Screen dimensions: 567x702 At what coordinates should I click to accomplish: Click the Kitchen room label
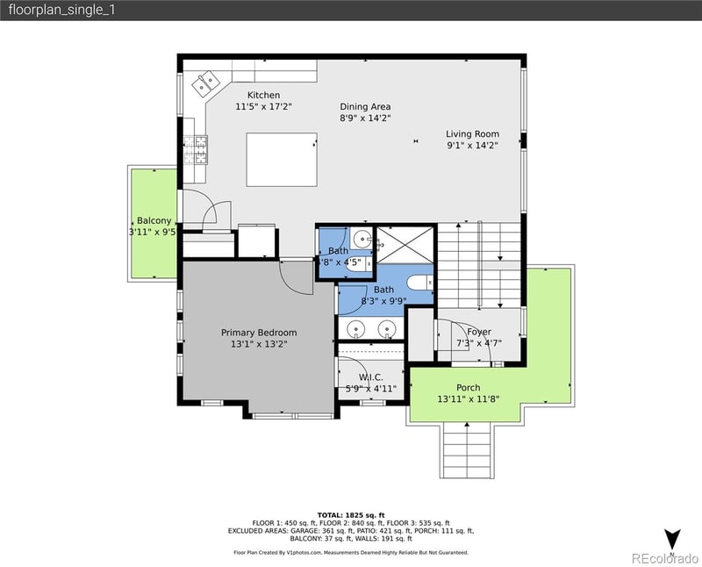263,95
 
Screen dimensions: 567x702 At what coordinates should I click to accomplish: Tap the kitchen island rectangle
281,160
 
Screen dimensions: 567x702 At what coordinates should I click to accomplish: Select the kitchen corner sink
208,83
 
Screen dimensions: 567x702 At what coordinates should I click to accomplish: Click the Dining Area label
365,107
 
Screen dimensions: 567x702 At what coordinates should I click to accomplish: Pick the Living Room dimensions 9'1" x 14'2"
472,146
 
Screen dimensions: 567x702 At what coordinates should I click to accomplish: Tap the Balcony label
154,220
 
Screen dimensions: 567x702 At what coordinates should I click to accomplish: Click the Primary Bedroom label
259,333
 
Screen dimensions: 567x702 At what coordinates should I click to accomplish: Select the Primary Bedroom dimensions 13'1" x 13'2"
259,344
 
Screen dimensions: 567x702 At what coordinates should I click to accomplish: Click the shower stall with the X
405,243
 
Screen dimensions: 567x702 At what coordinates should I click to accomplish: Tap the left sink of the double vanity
355,328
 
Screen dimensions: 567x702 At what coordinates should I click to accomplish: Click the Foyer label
478,332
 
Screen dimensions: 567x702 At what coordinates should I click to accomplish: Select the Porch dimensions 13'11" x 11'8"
468,399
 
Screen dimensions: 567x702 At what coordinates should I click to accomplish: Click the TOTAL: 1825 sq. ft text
351,515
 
